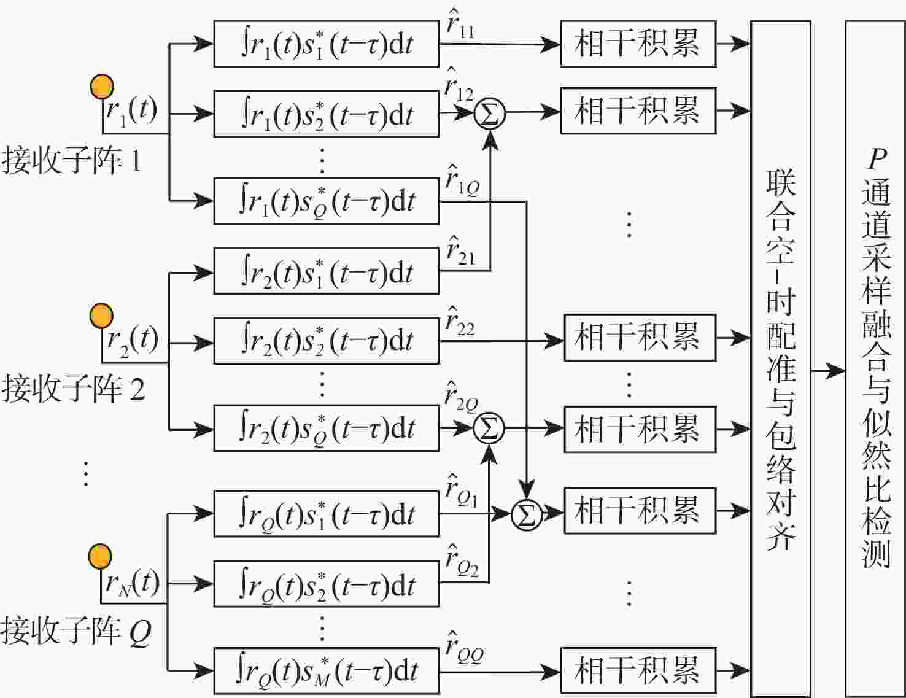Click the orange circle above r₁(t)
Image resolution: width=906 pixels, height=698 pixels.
[x=102, y=87]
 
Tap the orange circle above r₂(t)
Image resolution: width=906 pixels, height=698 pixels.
[x=101, y=316]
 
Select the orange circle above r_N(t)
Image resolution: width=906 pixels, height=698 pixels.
[x=101, y=557]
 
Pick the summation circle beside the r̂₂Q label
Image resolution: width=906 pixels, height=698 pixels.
[x=489, y=428]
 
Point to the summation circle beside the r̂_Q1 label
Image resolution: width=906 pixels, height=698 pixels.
[x=527, y=516]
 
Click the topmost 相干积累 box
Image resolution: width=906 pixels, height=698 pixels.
[x=638, y=44]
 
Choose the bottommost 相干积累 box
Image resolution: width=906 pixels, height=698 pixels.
[x=638, y=671]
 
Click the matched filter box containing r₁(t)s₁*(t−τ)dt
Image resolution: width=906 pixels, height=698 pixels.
[x=327, y=44]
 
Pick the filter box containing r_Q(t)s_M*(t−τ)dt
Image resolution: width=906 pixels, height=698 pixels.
[x=327, y=671]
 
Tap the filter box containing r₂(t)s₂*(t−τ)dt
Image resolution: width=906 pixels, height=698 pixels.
[x=327, y=341]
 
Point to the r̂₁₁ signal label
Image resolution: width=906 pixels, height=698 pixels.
[x=460, y=25]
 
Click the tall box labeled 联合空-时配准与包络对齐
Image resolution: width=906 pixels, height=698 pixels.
[x=781, y=359]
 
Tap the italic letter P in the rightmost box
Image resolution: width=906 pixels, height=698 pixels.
[x=877, y=159]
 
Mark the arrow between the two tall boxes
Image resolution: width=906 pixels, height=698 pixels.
[x=828, y=370]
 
